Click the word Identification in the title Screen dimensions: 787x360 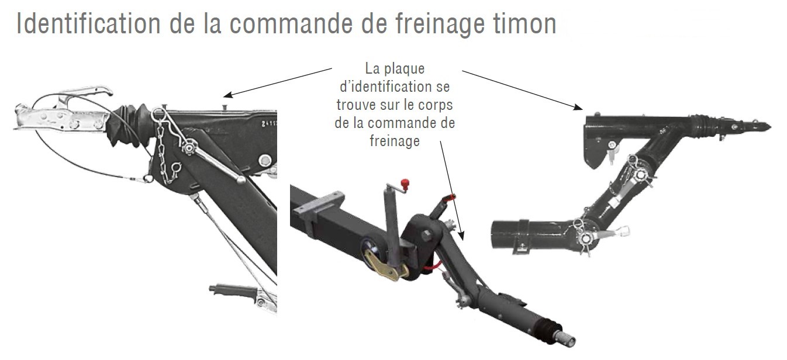click(x=88, y=24)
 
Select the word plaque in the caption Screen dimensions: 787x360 click(x=404, y=69)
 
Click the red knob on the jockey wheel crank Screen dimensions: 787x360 click(x=405, y=184)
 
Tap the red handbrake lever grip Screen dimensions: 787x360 click(x=449, y=199)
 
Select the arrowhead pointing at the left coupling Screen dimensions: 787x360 click(x=228, y=95)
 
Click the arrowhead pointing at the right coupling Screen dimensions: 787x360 click(x=578, y=106)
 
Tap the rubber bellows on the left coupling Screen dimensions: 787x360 click(x=131, y=124)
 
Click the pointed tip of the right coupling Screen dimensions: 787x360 click(x=770, y=127)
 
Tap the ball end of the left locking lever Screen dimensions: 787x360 click(x=241, y=180)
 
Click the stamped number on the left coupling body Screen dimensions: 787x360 click(x=269, y=124)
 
